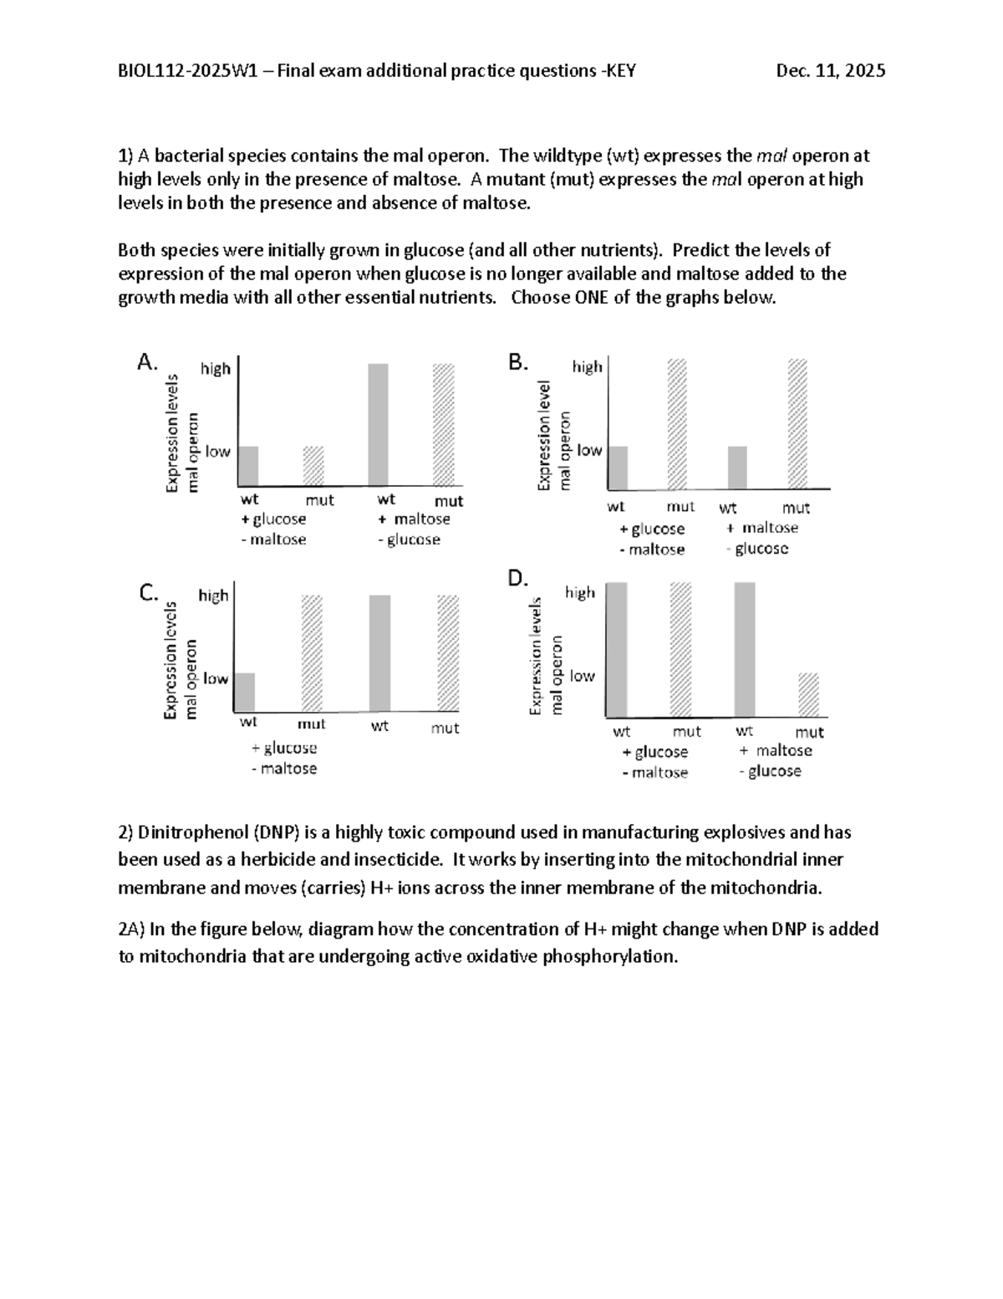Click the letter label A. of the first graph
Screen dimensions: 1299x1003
(146, 362)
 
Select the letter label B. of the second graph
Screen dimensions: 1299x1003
(518, 362)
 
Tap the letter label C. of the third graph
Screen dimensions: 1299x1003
(148, 593)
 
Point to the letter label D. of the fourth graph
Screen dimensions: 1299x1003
(518, 578)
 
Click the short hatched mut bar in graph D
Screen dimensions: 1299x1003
(808, 695)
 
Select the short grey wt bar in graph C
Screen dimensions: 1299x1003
(244, 692)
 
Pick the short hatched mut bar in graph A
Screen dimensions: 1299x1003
(313, 466)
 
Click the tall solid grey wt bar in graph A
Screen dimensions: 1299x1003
(378, 425)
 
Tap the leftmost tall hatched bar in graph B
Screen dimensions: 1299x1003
(676, 424)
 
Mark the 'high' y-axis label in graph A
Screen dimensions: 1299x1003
(216, 369)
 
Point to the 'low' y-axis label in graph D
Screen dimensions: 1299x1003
(582, 676)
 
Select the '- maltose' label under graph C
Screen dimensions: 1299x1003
(284, 769)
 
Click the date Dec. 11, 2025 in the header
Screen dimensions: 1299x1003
(830, 71)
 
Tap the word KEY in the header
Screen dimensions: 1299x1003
(620, 71)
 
